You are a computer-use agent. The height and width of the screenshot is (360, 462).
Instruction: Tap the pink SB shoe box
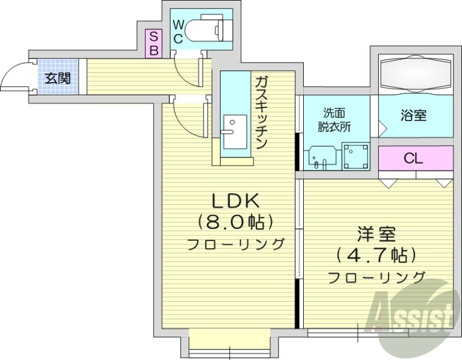point(154,43)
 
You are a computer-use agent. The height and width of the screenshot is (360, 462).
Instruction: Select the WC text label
point(178,32)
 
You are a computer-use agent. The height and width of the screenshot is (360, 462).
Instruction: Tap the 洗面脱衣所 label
point(336,119)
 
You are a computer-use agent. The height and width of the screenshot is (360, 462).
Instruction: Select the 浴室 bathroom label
point(413,115)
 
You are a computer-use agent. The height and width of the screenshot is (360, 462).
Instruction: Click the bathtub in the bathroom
point(415,74)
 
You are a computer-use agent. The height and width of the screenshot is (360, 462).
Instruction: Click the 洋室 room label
point(375,235)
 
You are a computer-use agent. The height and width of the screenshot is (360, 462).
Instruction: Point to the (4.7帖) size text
point(376,256)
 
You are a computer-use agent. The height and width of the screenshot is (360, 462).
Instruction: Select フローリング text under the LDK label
point(236,243)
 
